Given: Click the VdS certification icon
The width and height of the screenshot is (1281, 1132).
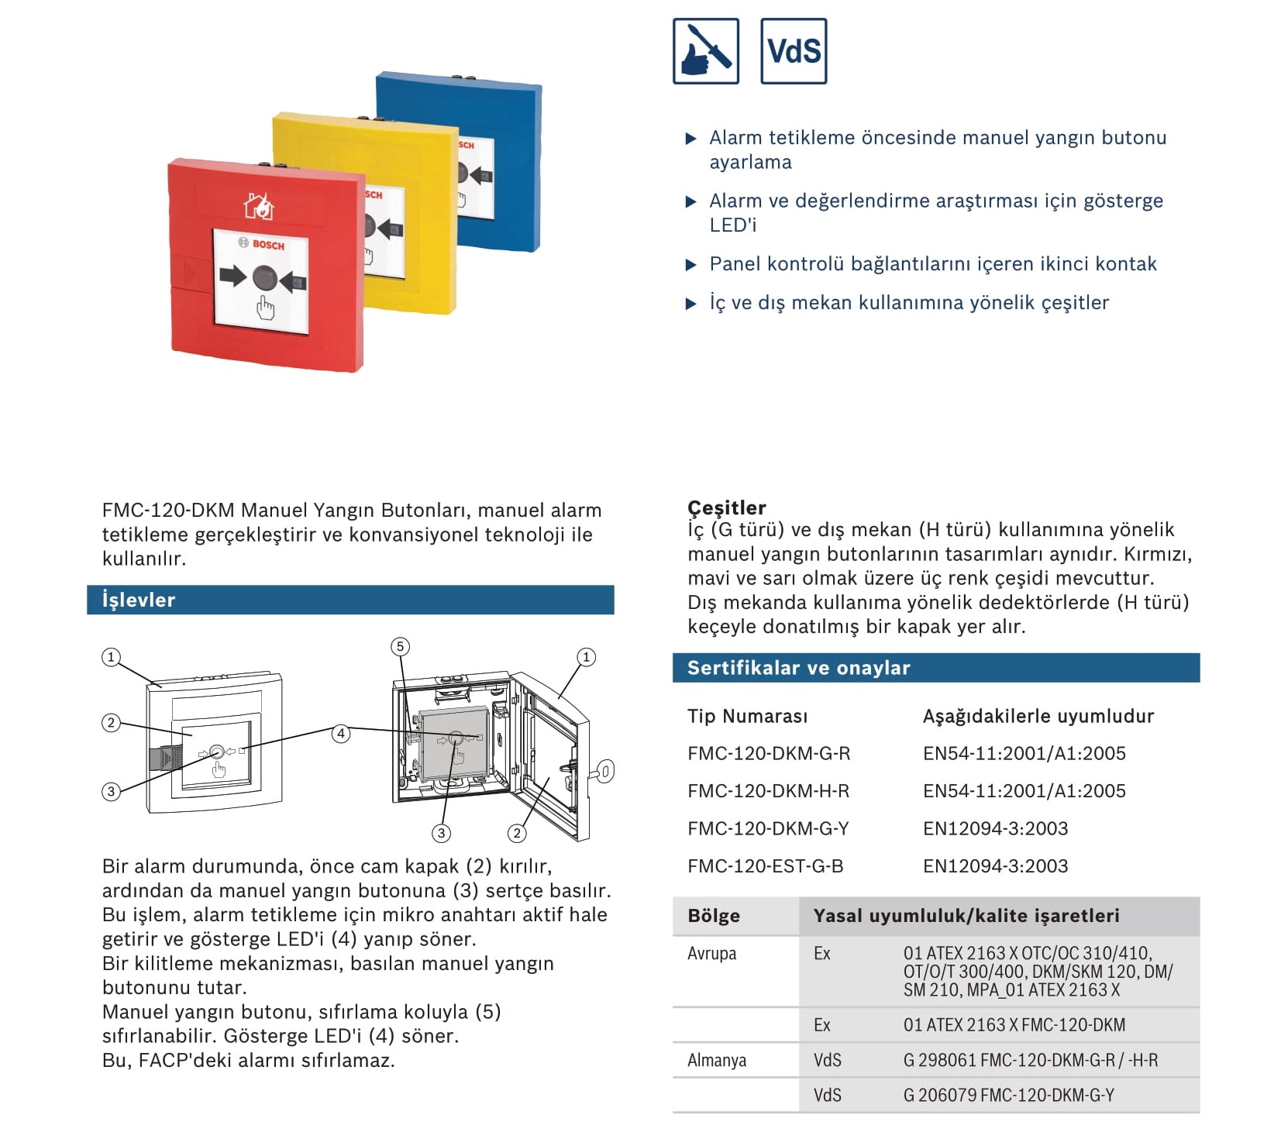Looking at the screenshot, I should pos(793,51).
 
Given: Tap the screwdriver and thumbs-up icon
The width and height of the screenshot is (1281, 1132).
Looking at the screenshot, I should pos(705,51).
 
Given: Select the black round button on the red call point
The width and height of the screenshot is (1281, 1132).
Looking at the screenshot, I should pos(263,277).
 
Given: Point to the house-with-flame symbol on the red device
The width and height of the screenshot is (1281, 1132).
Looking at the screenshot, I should pos(259,207).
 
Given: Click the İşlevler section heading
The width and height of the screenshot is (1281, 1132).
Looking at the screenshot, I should pos(139,600).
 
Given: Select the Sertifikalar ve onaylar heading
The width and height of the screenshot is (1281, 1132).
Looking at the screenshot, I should pos(798,668).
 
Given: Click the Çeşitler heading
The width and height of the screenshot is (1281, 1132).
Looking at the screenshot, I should pos(726,508).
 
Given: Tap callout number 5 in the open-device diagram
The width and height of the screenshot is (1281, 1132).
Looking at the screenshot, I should pos(400,646).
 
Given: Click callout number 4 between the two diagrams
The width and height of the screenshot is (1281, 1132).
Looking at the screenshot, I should pos(340,733).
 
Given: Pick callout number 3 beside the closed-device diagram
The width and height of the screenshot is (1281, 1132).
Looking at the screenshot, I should pos(111,791).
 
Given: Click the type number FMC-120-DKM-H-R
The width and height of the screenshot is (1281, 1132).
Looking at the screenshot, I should pos(768,791).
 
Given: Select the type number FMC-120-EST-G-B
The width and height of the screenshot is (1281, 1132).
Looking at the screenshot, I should pos(765,866).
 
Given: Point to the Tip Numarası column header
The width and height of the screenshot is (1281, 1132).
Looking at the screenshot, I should pos(747,716).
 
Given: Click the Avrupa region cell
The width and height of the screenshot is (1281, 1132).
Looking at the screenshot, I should pos(711,953).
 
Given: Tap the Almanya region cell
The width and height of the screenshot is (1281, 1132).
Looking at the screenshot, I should pos(716,1060).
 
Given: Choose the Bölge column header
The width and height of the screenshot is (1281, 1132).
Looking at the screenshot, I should pos(713,916).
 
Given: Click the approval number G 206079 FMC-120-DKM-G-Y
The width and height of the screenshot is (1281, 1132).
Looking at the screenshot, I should pos(1008,1096).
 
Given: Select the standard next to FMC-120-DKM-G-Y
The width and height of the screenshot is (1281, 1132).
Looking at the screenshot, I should pos(995,829).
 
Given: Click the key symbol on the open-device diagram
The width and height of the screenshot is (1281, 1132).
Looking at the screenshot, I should pos(603,772).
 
